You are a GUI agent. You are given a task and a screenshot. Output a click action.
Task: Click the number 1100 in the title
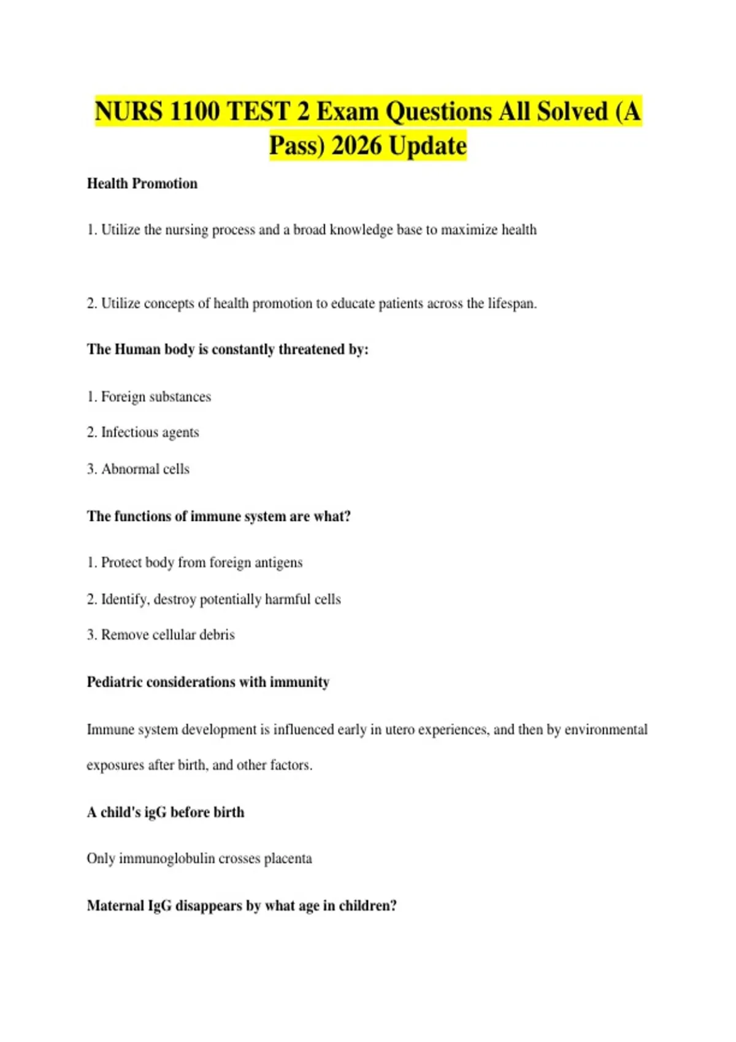click(193, 112)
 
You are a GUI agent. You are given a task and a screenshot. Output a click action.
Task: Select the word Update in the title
click(427, 146)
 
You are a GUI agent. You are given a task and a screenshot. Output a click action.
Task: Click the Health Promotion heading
click(142, 183)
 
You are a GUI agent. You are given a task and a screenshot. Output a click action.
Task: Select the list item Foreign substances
click(156, 397)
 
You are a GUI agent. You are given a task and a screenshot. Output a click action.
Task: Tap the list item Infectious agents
click(150, 433)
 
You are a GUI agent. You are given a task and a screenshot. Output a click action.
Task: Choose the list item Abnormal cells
click(145, 469)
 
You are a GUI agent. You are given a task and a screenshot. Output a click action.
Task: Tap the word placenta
click(288, 859)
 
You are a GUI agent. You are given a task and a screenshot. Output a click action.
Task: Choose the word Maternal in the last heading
click(116, 906)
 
